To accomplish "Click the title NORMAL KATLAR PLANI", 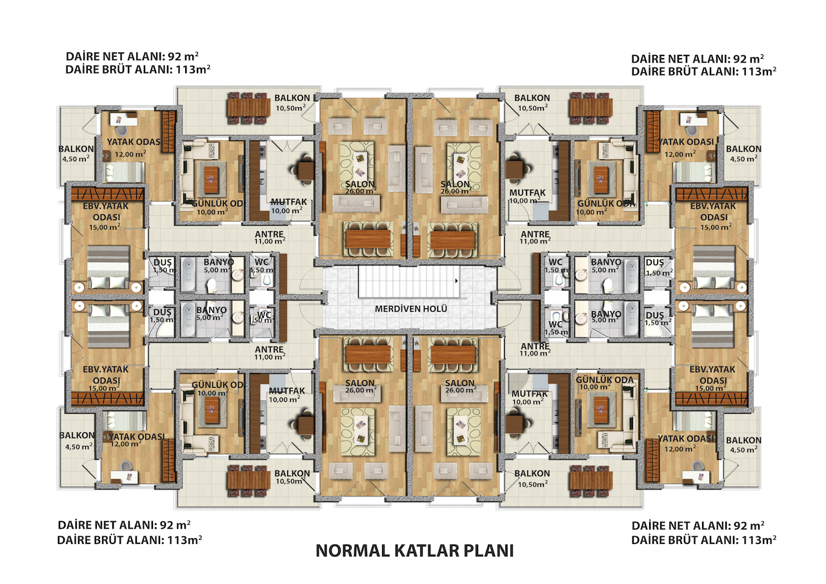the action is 414,551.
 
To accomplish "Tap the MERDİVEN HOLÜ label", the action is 411,308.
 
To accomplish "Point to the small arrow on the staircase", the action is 456,281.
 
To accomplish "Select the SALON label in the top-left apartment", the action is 359,184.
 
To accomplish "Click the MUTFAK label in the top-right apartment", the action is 527,192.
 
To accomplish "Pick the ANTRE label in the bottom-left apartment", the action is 269,348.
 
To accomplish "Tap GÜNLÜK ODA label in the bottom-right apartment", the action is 605,379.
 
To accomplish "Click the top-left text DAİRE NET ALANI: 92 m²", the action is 132,56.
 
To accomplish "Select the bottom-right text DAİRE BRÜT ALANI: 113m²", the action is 703,539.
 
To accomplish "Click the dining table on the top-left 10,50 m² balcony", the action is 248,108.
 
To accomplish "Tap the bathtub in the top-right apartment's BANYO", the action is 632,275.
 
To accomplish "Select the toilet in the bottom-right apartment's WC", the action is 556,316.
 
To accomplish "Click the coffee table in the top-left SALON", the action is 359,165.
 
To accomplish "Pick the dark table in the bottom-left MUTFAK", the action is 306,425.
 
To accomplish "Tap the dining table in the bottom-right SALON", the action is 453,354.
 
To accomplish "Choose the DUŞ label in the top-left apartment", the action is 162,262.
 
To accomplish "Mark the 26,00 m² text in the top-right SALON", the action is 456,191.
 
